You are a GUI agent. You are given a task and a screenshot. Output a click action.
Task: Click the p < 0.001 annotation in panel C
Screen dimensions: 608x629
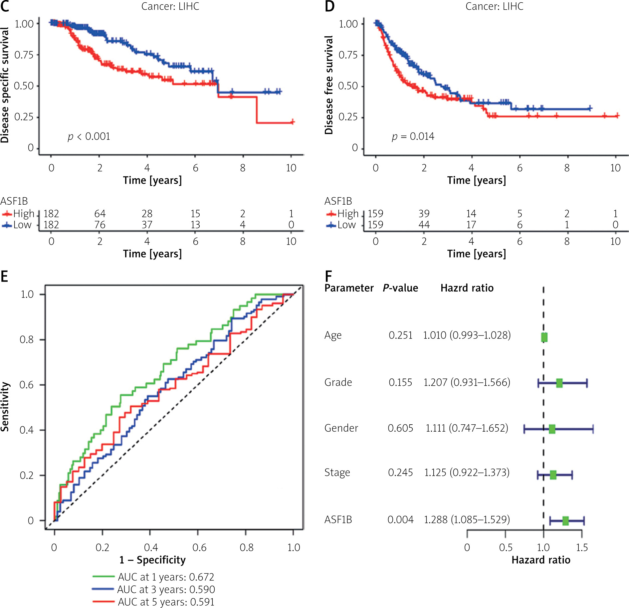coord(89,136)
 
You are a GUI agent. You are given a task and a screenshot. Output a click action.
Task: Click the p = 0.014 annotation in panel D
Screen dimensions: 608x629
coord(413,136)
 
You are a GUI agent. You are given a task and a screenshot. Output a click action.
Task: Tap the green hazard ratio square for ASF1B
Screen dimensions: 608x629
coord(565,520)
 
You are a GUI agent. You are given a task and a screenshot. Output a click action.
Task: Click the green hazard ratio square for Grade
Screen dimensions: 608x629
coord(559,383)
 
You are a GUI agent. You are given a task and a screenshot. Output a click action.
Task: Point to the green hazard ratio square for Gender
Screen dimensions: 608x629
coord(552,429)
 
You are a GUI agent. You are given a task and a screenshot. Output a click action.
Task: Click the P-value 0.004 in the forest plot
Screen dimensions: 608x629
coord(400,519)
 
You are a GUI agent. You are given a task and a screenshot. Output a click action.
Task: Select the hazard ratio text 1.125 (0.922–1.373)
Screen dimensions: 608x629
coord(467,473)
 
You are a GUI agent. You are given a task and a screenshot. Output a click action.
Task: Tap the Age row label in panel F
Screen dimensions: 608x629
coord(333,335)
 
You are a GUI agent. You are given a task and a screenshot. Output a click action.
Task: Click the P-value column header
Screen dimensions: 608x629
coord(400,288)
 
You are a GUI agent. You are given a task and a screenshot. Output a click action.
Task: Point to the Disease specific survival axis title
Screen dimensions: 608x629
coord(5,85)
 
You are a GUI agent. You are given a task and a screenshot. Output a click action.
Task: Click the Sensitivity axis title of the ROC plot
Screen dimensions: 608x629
coord(5,406)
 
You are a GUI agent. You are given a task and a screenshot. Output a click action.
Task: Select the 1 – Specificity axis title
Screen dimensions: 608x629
coord(152,560)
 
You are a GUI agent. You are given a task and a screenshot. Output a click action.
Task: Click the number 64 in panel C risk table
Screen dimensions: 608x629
coord(100,213)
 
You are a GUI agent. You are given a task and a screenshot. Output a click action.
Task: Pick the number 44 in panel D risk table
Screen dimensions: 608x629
coord(424,225)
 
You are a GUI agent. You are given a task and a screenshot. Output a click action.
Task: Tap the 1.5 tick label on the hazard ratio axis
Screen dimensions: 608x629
coord(582,547)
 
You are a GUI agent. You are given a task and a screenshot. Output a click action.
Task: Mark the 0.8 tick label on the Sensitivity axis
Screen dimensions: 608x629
coord(27,339)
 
